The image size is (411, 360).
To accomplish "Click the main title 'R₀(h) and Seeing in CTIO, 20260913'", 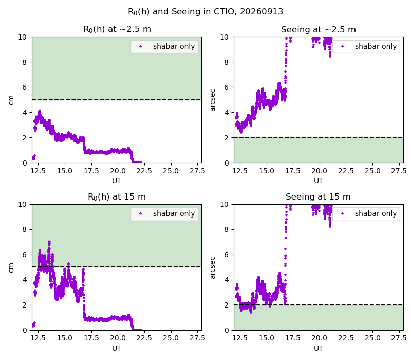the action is click(x=206, y=12).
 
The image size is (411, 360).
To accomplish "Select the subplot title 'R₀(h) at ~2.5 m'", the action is click(x=117, y=29).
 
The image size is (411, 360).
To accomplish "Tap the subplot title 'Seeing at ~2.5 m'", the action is click(x=319, y=29).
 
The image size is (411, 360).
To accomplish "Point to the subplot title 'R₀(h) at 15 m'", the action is click(x=117, y=197).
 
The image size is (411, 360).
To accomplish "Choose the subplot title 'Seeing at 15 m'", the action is click(x=318, y=197).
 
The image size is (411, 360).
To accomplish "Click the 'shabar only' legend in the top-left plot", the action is click(x=164, y=47).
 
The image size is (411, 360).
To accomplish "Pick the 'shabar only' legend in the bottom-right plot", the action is click(x=366, y=214).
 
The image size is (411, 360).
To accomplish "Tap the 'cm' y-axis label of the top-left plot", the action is click(x=11, y=100).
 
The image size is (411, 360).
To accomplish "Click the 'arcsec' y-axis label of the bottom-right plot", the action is click(x=213, y=267).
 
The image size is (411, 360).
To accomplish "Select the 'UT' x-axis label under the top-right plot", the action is click(x=318, y=181).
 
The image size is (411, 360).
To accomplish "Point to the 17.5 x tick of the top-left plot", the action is click(x=91, y=171).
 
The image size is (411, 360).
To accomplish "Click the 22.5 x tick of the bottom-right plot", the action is click(x=346, y=338).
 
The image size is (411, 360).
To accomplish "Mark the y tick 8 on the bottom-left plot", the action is click(x=25, y=229).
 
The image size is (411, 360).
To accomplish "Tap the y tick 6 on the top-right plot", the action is click(x=227, y=87).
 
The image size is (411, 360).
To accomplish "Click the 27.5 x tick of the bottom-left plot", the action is click(x=197, y=338).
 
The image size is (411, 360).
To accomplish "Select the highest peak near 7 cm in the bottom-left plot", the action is click(x=49, y=242).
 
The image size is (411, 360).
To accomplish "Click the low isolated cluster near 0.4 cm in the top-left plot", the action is click(x=33, y=157).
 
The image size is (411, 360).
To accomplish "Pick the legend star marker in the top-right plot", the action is click(x=342, y=47).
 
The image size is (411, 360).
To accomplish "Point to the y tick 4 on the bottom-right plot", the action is click(x=227, y=280).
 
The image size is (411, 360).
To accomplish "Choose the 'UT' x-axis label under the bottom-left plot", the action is click(x=117, y=348).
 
